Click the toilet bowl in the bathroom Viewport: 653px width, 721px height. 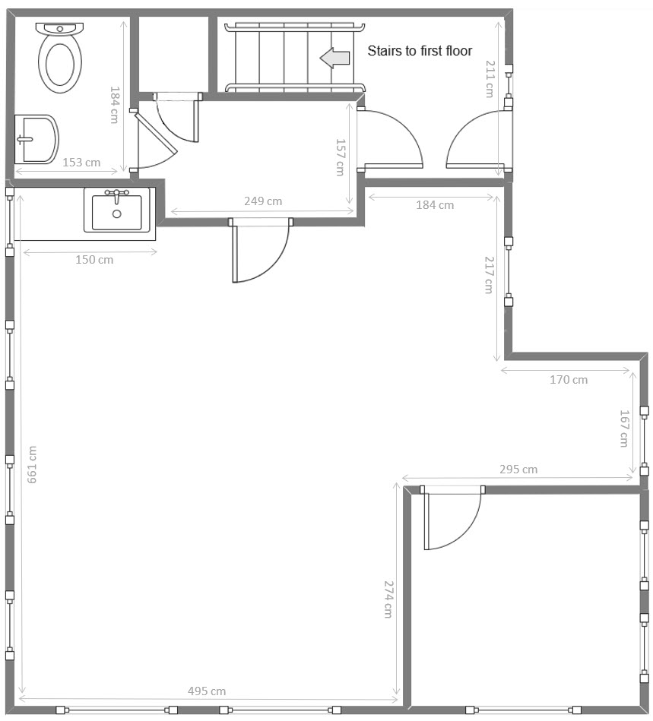tap(60, 58)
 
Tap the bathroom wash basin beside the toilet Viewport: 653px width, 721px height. tap(36, 139)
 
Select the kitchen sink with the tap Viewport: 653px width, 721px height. tap(117, 210)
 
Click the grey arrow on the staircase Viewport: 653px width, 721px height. tap(335, 58)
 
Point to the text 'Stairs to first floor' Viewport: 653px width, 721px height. tap(420, 51)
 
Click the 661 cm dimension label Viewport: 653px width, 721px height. tap(32, 464)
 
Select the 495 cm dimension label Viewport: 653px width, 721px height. tap(207, 691)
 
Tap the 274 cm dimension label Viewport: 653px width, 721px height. tap(388, 599)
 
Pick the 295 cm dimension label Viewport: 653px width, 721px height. tap(518, 470)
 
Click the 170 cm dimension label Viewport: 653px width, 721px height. tap(569, 380)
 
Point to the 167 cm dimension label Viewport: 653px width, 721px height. tap(624, 428)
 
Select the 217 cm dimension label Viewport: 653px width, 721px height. tap(489, 275)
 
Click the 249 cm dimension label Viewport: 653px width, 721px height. tap(263, 201)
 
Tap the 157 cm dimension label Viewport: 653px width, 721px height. tap(340, 157)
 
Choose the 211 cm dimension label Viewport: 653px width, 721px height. tap(490, 79)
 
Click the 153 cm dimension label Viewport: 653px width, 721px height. tap(81, 163)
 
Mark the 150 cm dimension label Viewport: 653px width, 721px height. tap(94, 260)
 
